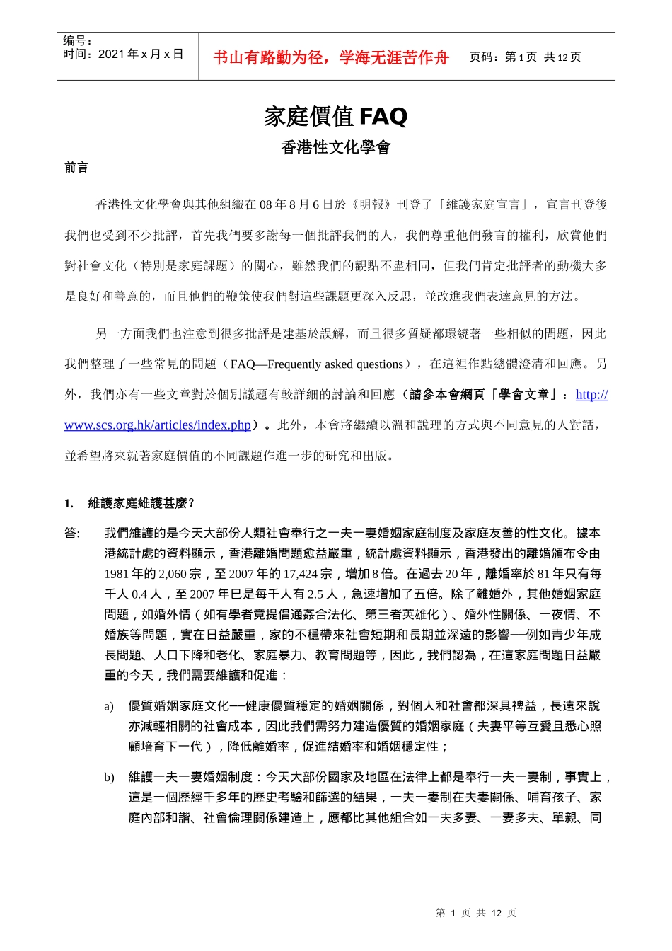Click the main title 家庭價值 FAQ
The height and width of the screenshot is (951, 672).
tap(336, 116)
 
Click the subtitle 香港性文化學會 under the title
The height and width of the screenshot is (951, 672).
tap(336, 148)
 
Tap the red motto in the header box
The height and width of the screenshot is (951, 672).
tap(331, 57)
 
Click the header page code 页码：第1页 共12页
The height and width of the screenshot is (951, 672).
tap(525, 57)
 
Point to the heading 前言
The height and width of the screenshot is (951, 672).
tap(76, 168)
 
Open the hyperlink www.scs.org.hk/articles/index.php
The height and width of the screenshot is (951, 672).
tap(158, 425)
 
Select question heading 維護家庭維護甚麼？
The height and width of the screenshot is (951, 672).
tap(141, 503)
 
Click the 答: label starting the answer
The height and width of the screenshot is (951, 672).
tap(72, 534)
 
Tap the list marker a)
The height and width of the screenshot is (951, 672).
tap(109, 706)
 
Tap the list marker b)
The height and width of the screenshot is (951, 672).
tap(109, 778)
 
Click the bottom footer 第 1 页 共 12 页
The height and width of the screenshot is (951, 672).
tap(476, 913)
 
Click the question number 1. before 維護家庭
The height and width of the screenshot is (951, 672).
tap(69, 503)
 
